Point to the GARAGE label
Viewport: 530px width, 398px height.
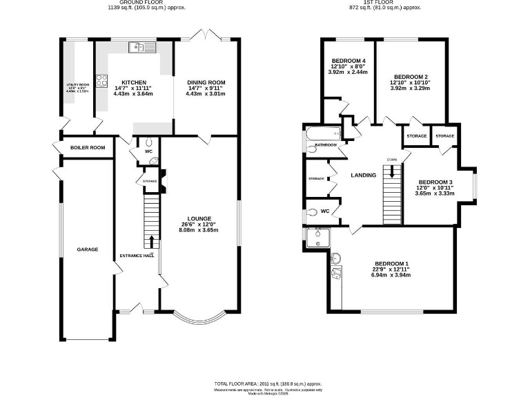pyautogui.click(x=88, y=249)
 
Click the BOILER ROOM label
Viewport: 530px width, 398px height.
pyautogui.click(x=88, y=148)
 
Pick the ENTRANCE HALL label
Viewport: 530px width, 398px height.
pyautogui.click(x=135, y=256)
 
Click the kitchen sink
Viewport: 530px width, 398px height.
pyautogui.click(x=144, y=48)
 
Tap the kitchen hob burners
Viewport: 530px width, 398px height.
pyautogui.click(x=101, y=79)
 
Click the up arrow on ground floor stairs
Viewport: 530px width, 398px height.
pyautogui.click(x=151, y=242)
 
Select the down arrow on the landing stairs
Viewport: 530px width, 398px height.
pyautogui.click(x=391, y=170)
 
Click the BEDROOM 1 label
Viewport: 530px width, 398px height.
pyautogui.click(x=391, y=263)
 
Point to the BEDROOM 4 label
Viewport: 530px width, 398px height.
pyautogui.click(x=348, y=61)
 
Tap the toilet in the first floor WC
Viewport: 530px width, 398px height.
pyautogui.click(x=314, y=212)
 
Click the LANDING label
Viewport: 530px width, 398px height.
pyautogui.click(x=363, y=176)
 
